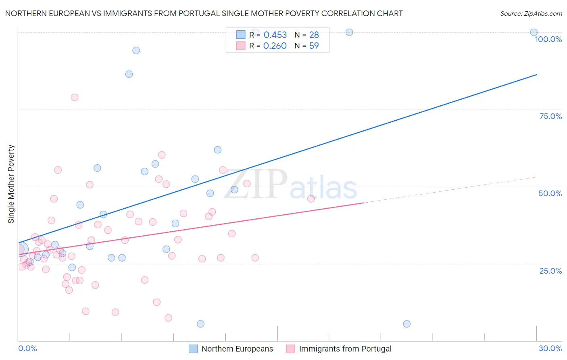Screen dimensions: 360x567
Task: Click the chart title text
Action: tap(204, 13)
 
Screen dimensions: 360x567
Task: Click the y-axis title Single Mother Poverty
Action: tap(11, 184)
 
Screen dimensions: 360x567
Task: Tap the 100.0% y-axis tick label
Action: tap(548, 39)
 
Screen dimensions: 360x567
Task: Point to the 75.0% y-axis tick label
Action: tap(550, 116)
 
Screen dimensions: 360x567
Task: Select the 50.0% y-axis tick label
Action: tap(550, 193)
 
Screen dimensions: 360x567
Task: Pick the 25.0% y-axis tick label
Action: tap(550, 270)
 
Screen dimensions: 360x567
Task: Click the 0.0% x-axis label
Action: tap(27, 348)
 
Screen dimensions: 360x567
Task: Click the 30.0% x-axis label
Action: tap(550, 348)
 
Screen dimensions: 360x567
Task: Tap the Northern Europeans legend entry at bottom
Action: tap(231, 349)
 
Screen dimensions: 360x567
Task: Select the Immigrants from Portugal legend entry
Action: tap(339, 349)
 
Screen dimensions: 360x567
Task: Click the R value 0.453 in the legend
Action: tap(275, 35)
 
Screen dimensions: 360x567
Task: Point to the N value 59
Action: tap(314, 46)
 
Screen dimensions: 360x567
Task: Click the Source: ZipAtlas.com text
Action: tap(531, 13)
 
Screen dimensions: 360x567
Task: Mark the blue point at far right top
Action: tap(534, 32)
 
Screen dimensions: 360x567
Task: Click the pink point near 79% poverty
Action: tap(75, 97)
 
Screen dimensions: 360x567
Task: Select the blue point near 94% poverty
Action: tap(136, 50)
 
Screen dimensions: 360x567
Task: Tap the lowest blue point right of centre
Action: tap(406, 324)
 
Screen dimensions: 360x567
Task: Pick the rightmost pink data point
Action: tap(311, 199)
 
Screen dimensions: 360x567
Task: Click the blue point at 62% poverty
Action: tap(218, 150)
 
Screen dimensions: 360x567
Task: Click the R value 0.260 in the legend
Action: tap(275, 46)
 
